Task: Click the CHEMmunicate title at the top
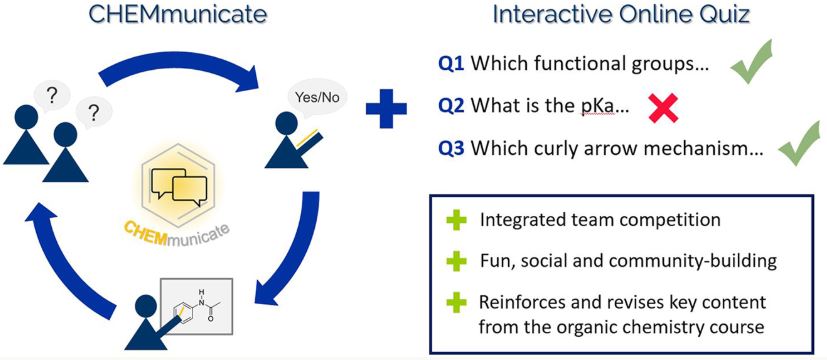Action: pos(177,14)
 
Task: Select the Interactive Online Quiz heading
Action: pos(621,14)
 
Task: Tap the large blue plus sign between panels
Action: pos(387,108)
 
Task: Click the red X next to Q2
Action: pos(663,107)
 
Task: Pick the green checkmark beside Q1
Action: pos(752,62)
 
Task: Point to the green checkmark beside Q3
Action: pos(800,142)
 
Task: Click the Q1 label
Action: pos(451,64)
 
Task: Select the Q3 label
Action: pos(451,149)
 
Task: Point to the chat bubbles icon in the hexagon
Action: pos(178,187)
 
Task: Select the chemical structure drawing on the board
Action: pos(199,305)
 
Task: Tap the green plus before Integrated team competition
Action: pos(456,220)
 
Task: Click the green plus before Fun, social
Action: pos(456,261)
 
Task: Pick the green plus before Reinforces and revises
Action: pos(456,303)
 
